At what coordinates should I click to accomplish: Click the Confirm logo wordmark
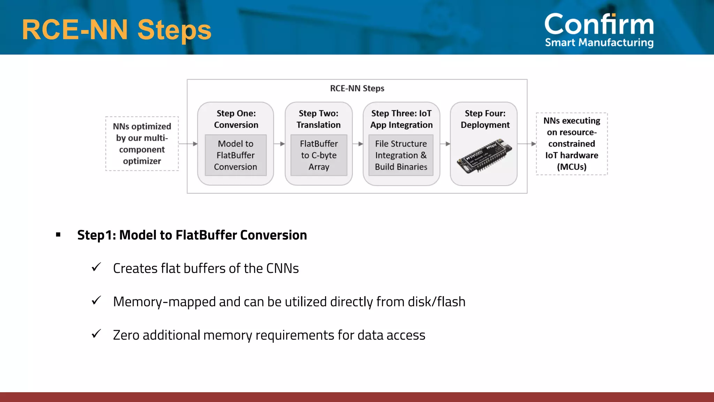click(x=599, y=30)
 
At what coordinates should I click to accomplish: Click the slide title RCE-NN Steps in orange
click(x=116, y=30)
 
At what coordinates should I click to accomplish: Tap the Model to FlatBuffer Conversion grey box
click(x=236, y=155)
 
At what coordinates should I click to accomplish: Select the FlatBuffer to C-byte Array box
click(x=319, y=155)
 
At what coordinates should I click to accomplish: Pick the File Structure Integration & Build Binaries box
click(x=401, y=155)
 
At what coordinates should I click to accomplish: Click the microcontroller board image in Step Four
click(x=484, y=157)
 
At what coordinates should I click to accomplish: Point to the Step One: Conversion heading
click(x=236, y=119)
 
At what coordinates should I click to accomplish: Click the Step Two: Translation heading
click(x=318, y=119)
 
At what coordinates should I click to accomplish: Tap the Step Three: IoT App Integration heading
click(x=401, y=119)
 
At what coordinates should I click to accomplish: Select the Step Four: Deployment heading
click(x=485, y=119)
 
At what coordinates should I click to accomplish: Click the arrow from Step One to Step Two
click(x=279, y=144)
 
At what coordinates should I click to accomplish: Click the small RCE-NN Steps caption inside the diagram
click(x=357, y=89)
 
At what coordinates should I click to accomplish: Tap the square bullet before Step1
click(x=58, y=235)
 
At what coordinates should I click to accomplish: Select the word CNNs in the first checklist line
click(x=282, y=268)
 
